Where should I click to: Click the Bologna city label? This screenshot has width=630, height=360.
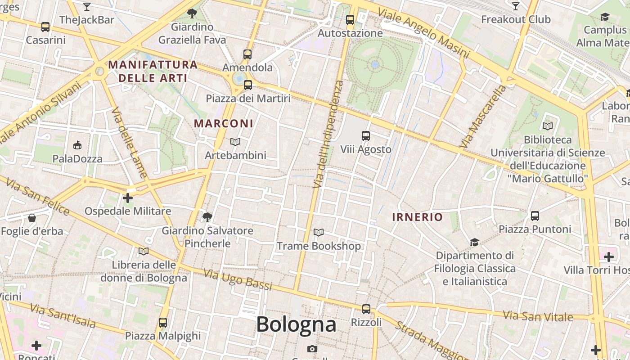coord(296,324)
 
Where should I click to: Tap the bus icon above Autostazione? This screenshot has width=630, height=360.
coord(350,20)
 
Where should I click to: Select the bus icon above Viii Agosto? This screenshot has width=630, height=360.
coord(366,136)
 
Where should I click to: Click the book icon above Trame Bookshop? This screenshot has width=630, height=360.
coord(319,233)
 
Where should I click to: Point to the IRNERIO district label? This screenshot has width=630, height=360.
coord(418,217)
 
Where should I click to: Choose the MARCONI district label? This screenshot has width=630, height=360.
coord(223,123)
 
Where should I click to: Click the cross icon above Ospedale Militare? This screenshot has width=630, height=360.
coord(128,198)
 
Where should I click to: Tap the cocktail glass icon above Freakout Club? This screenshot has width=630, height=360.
coord(516,6)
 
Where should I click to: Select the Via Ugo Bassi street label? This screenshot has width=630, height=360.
coord(238,279)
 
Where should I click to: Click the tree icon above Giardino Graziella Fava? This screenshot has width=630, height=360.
coord(192,13)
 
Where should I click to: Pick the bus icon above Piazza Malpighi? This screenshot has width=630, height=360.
coord(163,323)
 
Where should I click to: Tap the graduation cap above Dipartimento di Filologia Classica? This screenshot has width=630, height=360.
coord(474,243)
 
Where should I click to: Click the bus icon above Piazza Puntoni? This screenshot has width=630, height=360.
coord(535,216)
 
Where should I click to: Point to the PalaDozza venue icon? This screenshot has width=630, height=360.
coord(77,145)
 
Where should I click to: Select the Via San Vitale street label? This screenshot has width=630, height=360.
coord(538,316)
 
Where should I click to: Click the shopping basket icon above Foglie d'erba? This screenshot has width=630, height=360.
coord(32,218)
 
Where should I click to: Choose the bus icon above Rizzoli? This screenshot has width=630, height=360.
coord(366,309)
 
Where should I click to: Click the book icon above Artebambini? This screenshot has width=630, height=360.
coord(235,142)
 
